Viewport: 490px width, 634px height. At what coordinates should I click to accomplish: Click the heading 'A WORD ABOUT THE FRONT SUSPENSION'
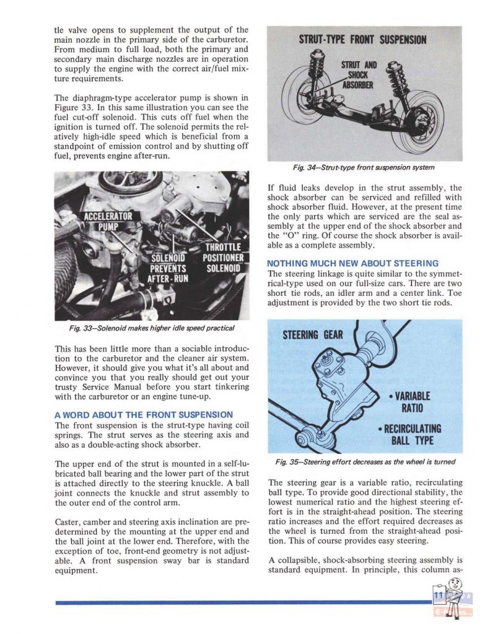144,414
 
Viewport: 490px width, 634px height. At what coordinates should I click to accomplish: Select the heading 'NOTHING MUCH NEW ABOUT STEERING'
352,263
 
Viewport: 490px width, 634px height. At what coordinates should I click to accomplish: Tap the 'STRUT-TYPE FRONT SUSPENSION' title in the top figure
362,40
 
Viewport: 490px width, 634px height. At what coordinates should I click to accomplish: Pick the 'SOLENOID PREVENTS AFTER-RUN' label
167,268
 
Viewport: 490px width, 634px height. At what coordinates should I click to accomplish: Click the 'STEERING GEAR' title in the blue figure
312,335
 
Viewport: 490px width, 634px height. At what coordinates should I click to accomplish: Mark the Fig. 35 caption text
365,462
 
